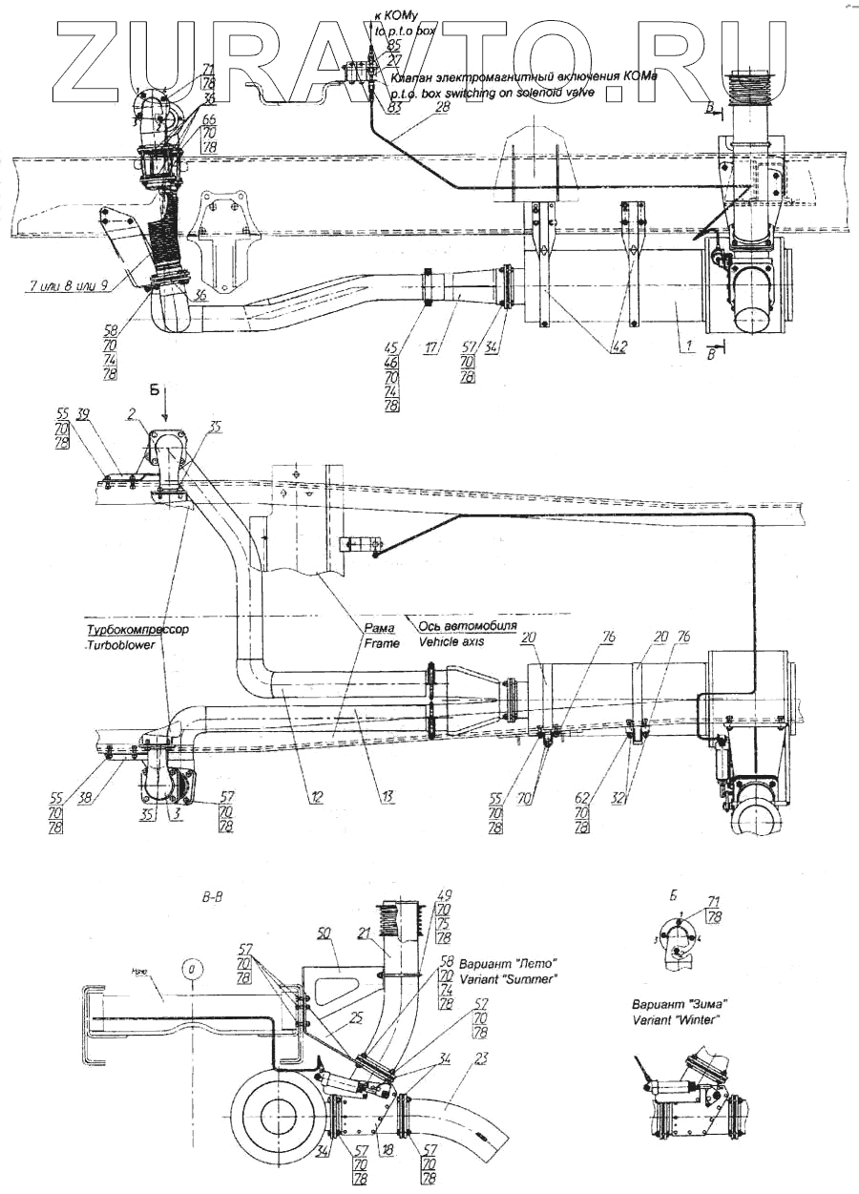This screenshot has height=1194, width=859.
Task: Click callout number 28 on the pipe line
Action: coord(441,109)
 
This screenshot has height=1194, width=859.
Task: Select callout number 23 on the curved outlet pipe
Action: coord(481,1057)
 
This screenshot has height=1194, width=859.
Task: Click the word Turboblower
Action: coord(122,644)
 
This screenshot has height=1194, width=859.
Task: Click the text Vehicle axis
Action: coord(451,641)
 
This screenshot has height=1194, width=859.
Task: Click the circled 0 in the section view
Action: coord(192,970)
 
